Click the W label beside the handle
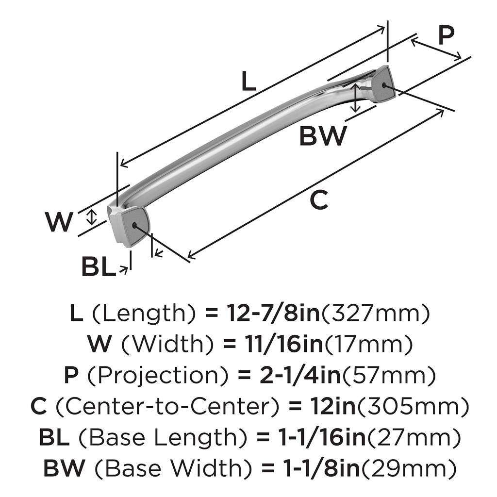pyautogui.click(x=60, y=223)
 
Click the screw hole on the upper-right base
pyautogui.click(x=385, y=85)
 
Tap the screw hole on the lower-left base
pyautogui.click(x=134, y=225)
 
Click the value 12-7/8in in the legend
pyautogui.click(x=273, y=314)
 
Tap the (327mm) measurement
pyautogui.click(x=376, y=314)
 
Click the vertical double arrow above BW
pyautogui.click(x=356, y=97)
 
